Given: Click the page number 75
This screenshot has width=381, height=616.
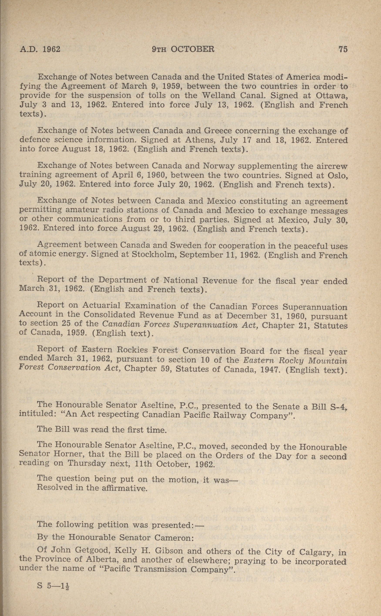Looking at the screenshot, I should [x=343, y=49].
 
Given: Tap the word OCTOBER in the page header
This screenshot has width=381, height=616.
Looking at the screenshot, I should [x=192, y=49].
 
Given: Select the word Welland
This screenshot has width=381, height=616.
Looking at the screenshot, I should [x=220, y=95].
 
